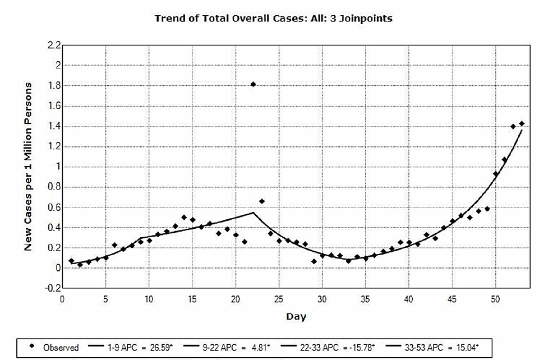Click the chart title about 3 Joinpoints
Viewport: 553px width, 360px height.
pyautogui.click(x=273, y=19)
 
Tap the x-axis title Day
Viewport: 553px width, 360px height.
pyautogui.click(x=296, y=316)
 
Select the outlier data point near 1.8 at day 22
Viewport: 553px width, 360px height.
pyautogui.click(x=253, y=84)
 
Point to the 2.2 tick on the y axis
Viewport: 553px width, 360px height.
pyautogui.click(x=54, y=45)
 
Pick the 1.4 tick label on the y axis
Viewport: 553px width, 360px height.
pyautogui.click(x=54, y=126)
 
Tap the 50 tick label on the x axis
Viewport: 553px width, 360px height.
pyautogui.click(x=495, y=299)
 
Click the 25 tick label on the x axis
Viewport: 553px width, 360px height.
pyautogui.click(x=279, y=299)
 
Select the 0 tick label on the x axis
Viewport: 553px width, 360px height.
pyautogui.click(x=62, y=299)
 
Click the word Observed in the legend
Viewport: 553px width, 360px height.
pyautogui.click(x=61, y=348)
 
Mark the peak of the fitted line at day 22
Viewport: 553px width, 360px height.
pyautogui.click(x=254, y=213)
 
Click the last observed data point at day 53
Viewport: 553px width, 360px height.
pyautogui.click(x=522, y=123)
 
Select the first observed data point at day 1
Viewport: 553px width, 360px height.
pyautogui.click(x=71, y=261)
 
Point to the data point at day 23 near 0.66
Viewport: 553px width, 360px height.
pyautogui.click(x=262, y=201)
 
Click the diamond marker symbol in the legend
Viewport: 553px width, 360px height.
pyautogui.click(x=32, y=347)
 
